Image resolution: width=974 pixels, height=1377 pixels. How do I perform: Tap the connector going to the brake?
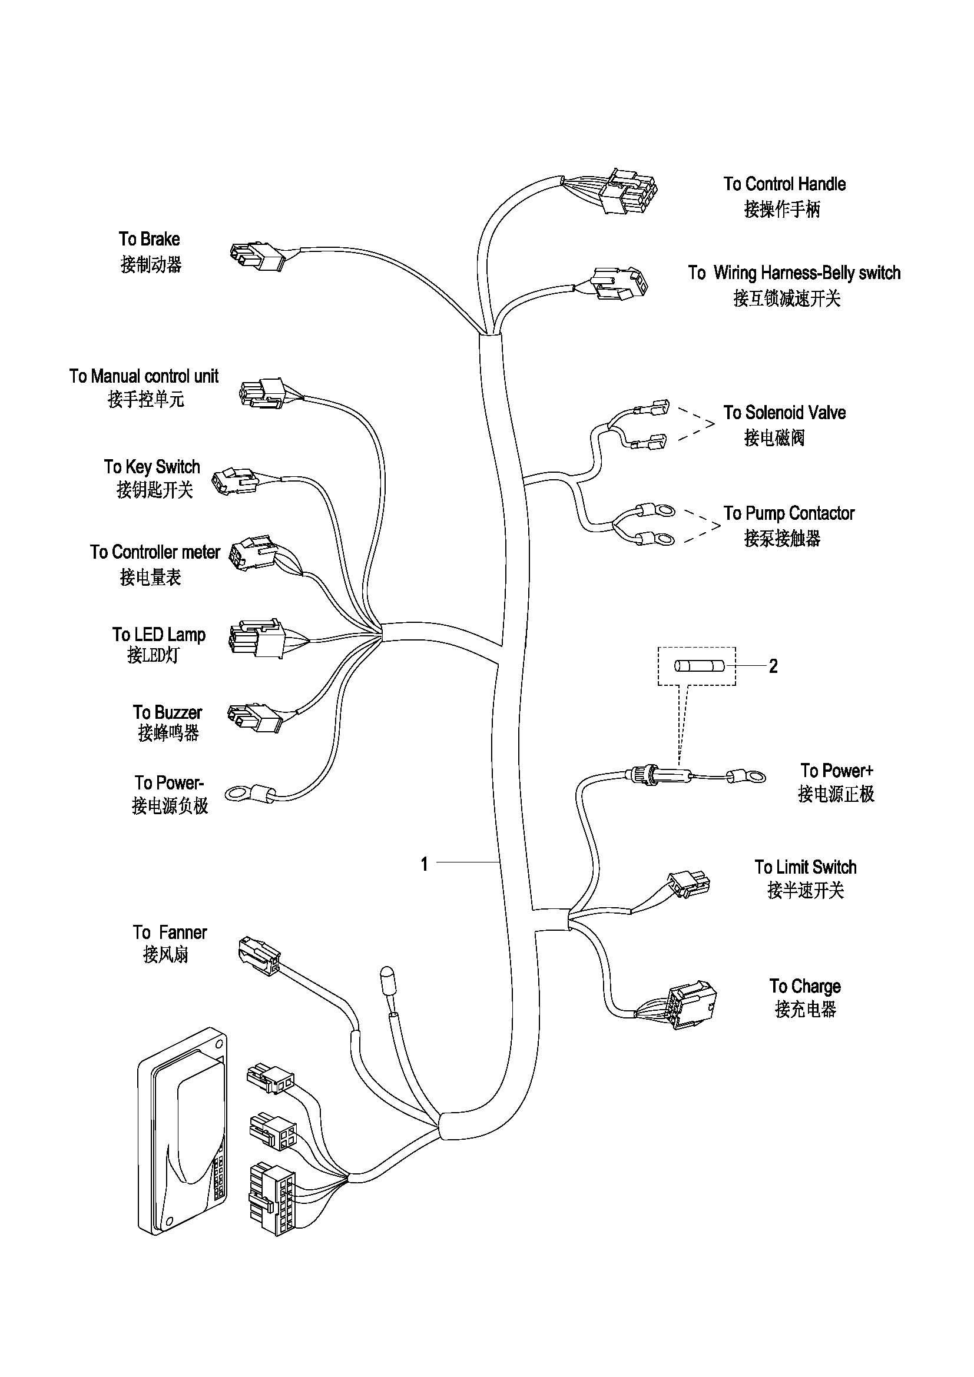257,256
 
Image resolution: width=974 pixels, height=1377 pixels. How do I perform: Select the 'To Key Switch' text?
152,467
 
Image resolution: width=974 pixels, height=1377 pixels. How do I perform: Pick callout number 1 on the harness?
425,864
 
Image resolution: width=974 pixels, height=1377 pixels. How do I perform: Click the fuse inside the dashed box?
700,666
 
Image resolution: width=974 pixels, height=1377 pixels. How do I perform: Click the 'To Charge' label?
805,986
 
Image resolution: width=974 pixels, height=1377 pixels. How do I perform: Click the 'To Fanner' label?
170,933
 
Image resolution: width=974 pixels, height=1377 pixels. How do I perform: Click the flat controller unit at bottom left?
184,1130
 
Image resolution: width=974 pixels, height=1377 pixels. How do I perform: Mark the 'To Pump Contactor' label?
788,513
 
